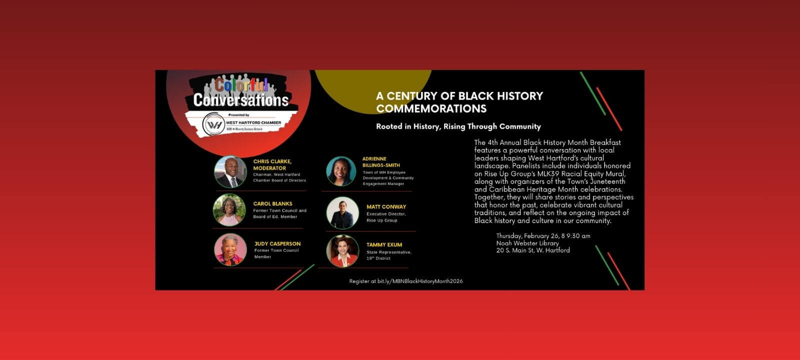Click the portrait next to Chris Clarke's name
click(230, 172)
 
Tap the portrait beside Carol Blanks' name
click(229, 210)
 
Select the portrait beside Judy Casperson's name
click(230, 249)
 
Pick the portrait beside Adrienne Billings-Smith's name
click(341, 171)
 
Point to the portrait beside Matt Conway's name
click(342, 213)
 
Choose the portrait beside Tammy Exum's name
click(342, 251)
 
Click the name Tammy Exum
click(384, 245)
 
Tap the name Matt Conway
click(386, 206)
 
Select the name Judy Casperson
click(277, 244)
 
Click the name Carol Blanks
click(272, 203)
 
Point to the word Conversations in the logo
click(241, 100)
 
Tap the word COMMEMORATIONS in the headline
click(431, 108)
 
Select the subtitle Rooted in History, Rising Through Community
click(458, 126)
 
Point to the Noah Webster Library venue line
click(527, 243)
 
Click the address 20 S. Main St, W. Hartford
click(533, 250)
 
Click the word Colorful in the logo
click(241, 85)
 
